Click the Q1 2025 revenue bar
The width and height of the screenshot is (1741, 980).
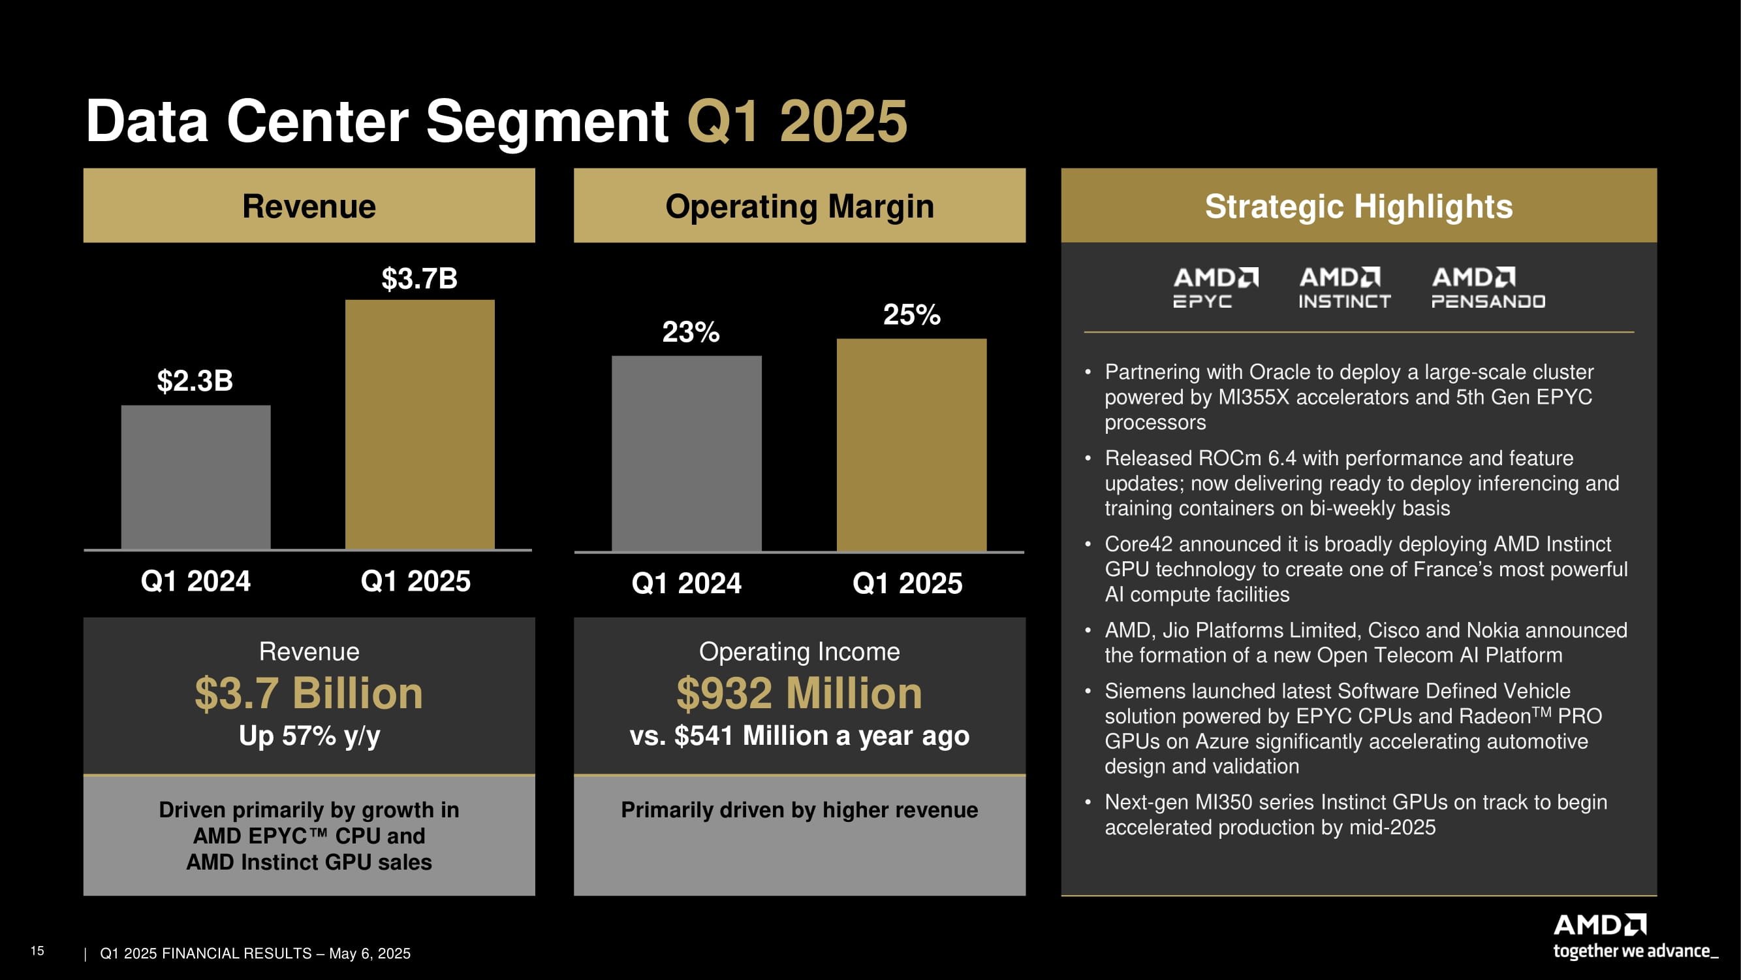(x=420, y=424)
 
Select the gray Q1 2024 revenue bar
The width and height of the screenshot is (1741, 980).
(x=195, y=477)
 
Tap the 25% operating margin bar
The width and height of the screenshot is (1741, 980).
(x=911, y=445)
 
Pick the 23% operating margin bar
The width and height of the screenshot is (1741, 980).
(x=686, y=453)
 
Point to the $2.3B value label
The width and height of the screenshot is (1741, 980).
(x=195, y=381)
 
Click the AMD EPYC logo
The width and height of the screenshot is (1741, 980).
(x=1216, y=287)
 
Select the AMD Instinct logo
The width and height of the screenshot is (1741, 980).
(x=1343, y=287)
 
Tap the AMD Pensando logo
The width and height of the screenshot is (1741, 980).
(x=1488, y=287)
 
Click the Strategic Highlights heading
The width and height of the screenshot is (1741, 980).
(x=1358, y=206)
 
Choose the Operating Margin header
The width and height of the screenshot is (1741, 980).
(x=800, y=206)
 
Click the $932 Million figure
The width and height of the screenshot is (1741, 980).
(x=800, y=694)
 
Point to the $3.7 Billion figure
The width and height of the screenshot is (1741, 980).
(x=309, y=694)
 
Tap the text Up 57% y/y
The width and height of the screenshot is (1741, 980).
(x=309, y=736)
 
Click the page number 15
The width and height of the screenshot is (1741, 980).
(x=37, y=951)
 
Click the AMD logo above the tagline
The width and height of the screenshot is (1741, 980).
(x=1599, y=924)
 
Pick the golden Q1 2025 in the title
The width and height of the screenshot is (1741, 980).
(x=797, y=122)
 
